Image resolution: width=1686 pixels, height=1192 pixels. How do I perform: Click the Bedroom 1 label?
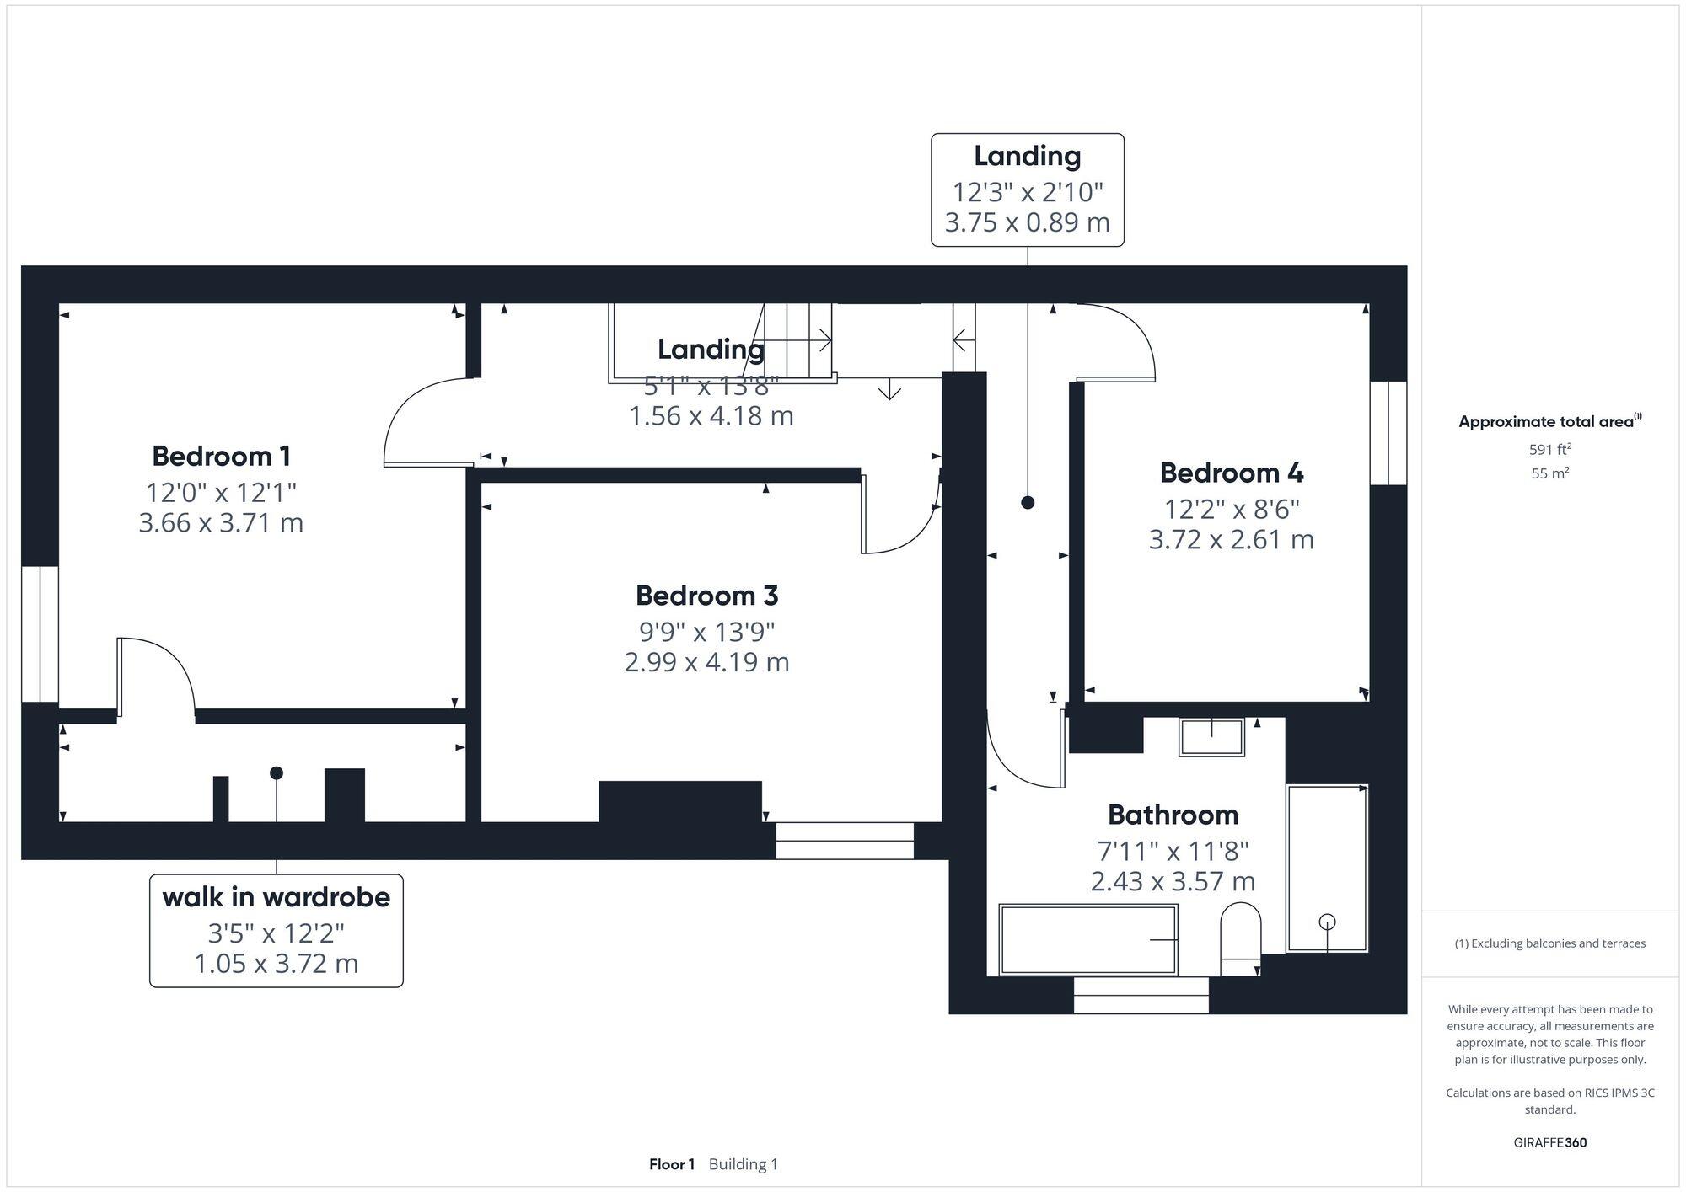click(x=221, y=456)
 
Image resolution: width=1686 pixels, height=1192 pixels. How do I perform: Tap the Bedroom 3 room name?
click(x=706, y=596)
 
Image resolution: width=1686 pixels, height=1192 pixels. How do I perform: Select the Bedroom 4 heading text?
click(x=1231, y=473)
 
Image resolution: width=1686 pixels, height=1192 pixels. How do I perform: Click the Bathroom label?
click(x=1173, y=815)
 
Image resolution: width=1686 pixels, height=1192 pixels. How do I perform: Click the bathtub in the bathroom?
click(x=1087, y=939)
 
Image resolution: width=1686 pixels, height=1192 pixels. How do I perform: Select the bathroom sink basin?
click(x=1211, y=737)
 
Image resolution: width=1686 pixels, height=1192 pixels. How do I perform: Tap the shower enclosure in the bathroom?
click(x=1327, y=868)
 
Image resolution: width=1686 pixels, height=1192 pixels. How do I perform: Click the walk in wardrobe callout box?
click(x=276, y=930)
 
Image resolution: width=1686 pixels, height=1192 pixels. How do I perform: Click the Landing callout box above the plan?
click(x=1027, y=190)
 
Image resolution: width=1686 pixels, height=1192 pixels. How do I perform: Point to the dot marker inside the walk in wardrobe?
click(x=277, y=772)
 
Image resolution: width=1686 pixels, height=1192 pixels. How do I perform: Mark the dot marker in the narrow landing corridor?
click(x=1027, y=502)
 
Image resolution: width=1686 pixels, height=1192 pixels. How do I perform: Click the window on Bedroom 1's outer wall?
click(x=40, y=633)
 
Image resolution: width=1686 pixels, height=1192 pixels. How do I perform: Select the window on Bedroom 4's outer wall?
click(x=1388, y=433)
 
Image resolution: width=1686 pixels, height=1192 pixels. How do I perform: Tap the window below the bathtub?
click(x=1141, y=995)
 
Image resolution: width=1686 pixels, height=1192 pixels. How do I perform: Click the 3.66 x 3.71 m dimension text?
click(x=221, y=522)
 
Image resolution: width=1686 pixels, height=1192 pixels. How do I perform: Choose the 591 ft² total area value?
click(x=1549, y=449)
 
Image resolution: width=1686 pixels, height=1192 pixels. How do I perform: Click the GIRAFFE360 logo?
click(x=1549, y=1142)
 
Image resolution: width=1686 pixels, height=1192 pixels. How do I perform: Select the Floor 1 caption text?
click(x=671, y=1164)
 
